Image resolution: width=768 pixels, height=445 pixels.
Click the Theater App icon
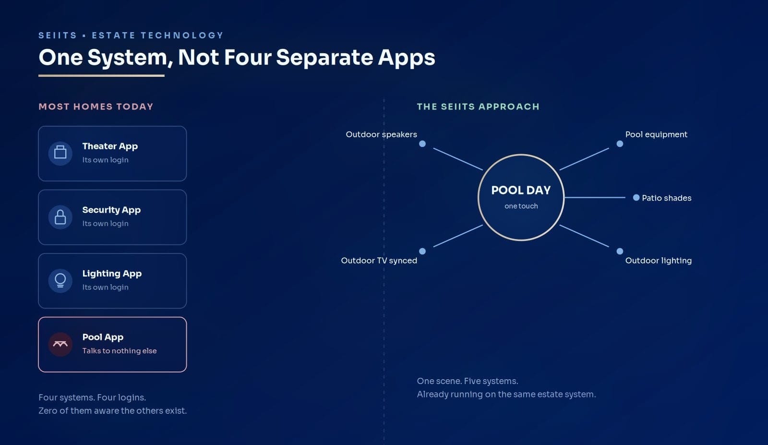pos(60,153)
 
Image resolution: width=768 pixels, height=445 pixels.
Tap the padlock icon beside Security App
pos(60,216)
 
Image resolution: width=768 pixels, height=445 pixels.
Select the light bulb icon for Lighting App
pos(60,280)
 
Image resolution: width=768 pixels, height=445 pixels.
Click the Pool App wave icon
pos(60,344)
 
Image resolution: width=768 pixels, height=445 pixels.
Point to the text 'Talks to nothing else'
pos(120,351)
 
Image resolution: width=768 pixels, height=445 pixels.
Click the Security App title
pos(111,210)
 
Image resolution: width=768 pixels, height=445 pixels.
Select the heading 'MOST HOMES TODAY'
pos(96,107)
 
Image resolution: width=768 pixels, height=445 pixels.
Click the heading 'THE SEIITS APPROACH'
pos(478,107)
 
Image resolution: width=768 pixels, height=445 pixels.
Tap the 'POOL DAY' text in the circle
pos(521,190)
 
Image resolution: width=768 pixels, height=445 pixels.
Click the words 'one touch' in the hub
pos(521,206)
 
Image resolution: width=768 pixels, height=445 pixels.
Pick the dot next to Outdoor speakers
pos(422,144)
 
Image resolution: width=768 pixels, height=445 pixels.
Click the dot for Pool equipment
pos(620,144)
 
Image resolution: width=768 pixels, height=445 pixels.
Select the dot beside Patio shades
pos(636,197)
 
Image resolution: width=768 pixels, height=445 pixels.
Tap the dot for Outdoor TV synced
pos(422,251)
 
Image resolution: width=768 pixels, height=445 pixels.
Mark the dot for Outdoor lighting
pos(620,251)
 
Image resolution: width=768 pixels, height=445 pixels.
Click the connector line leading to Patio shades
pos(595,197)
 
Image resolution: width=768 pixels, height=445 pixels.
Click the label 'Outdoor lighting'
pos(659,261)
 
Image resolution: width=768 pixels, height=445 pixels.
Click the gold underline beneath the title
pos(101,76)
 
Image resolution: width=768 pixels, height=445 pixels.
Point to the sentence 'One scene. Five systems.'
pos(468,381)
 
